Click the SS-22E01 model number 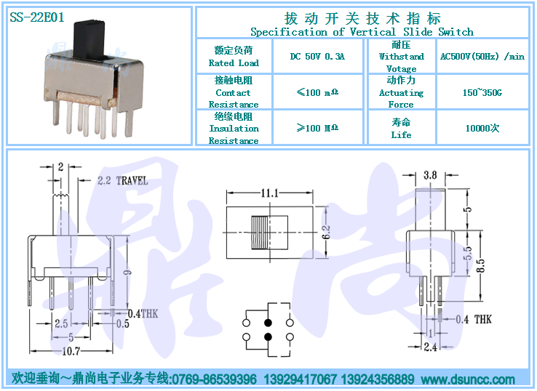point(37,17)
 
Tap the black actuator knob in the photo point(89,39)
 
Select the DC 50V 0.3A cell point(317,56)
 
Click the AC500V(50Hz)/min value point(482,56)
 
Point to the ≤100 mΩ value point(317,92)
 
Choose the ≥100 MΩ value point(317,128)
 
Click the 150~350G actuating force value point(482,92)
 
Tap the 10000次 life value point(482,129)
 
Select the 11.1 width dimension point(269,193)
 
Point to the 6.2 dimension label point(326,232)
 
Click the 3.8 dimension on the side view point(430,175)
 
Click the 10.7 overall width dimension point(71,351)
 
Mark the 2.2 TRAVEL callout point(122,181)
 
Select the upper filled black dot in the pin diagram point(268,323)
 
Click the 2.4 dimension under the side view point(431,347)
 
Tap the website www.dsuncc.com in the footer point(468,379)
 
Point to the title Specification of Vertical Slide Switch point(362,32)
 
